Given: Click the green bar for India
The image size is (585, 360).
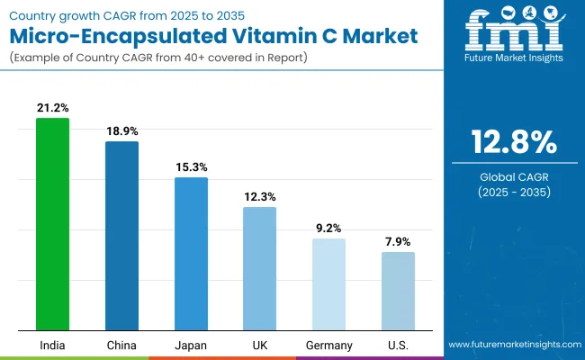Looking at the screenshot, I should [52, 225].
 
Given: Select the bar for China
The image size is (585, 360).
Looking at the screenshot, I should [121, 236].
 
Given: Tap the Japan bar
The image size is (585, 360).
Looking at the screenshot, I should [191, 254].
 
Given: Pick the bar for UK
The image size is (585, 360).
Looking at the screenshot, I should [259, 268].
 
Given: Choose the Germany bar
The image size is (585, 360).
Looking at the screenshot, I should [328, 284].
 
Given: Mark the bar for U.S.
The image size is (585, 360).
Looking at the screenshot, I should [398, 291].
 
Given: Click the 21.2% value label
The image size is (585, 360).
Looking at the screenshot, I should [52, 108].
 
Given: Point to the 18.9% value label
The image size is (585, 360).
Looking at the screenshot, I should [121, 130].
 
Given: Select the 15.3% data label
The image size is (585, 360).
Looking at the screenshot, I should [191, 166].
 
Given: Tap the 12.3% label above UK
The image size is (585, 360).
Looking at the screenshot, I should [259, 196].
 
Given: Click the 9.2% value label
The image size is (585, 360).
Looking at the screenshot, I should [328, 228].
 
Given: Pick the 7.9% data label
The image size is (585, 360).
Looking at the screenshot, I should [398, 241].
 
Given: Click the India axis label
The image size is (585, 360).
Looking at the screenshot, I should [52, 345].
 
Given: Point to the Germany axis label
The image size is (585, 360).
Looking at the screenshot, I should [328, 345].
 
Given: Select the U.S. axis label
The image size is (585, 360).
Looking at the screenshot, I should [398, 345].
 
